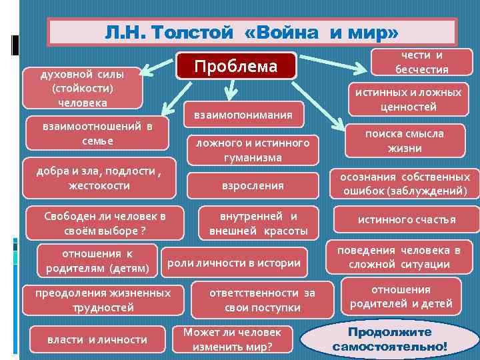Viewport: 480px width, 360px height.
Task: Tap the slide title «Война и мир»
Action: click(x=252, y=32)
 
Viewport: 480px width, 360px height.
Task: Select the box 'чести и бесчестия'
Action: click(x=421, y=63)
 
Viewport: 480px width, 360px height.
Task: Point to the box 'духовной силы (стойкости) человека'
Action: click(x=82, y=88)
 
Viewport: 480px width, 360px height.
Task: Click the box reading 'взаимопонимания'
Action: click(x=243, y=115)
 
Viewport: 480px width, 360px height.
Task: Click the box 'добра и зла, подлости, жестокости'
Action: click(x=99, y=177)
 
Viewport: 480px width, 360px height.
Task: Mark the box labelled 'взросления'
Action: click(x=253, y=185)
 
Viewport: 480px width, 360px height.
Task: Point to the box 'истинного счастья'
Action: click(x=407, y=219)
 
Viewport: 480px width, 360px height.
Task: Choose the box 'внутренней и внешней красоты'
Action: click(x=258, y=223)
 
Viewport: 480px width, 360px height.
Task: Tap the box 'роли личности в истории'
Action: click(x=234, y=263)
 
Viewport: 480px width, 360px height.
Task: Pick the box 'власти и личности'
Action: click(x=97, y=339)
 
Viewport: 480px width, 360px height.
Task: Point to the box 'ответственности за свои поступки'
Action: click(x=262, y=300)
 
